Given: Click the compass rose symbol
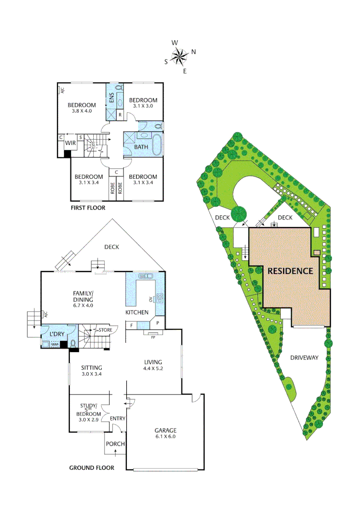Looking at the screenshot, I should [180, 57].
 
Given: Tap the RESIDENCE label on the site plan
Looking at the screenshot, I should [290, 271].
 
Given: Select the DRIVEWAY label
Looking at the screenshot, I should [304, 358].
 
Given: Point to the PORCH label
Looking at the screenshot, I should [115, 444].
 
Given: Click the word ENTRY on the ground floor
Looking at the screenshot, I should [117, 419].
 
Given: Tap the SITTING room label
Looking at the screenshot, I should [91, 368].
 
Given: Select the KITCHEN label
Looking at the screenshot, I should [137, 312].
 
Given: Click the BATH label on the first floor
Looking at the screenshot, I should [141, 147].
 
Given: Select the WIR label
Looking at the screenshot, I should [71, 143].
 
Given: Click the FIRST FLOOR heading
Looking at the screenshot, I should [88, 208].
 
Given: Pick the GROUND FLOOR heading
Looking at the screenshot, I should [91, 468].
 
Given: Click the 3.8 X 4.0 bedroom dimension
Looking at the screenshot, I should [82, 111].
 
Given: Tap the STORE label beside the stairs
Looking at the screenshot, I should [106, 330].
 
